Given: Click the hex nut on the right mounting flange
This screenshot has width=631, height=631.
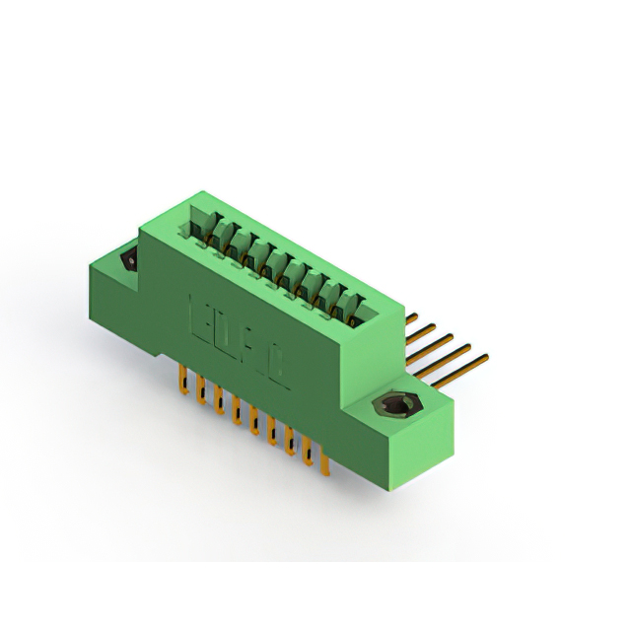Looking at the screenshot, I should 398,406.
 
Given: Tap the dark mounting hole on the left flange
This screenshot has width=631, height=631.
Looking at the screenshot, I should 127,259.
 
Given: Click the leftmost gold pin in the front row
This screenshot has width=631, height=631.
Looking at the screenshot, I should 182,379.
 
